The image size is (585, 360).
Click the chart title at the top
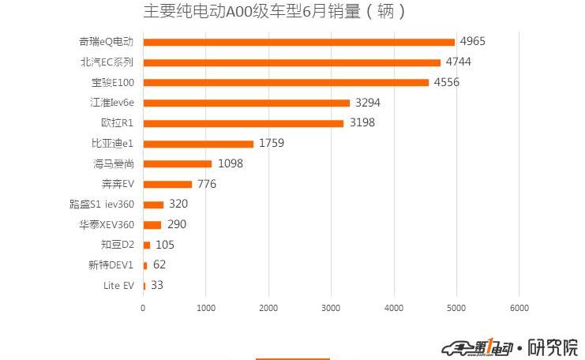tap(276, 12)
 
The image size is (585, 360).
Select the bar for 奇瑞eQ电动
tap(298, 42)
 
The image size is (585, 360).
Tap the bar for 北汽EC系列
tap(291, 62)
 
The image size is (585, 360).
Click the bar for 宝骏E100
tap(286, 82)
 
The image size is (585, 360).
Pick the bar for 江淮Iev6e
tap(246, 103)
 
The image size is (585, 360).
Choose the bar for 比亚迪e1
tap(198, 144)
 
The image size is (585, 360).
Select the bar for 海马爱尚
tap(178, 163)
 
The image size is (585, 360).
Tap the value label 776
tap(207, 184)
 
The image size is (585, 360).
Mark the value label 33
tap(157, 285)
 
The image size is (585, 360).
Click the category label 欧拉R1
tap(117, 123)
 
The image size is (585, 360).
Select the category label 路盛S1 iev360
tap(102, 204)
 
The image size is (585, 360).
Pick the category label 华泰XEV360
tap(106, 224)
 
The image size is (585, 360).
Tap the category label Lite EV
tap(118, 285)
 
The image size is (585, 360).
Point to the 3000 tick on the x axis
tap(331, 308)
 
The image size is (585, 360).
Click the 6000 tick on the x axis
tap(518, 308)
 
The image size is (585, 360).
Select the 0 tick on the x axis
tap(143, 308)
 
